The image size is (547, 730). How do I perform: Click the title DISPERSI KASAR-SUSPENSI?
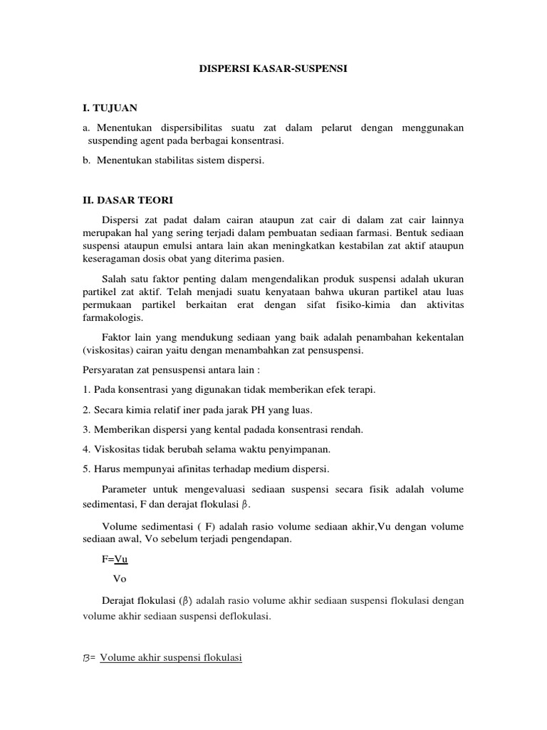click(273, 71)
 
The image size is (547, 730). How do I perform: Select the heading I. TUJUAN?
click(109, 108)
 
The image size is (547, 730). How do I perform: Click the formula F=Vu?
click(115, 560)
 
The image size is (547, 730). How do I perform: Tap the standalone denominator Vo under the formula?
click(120, 580)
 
